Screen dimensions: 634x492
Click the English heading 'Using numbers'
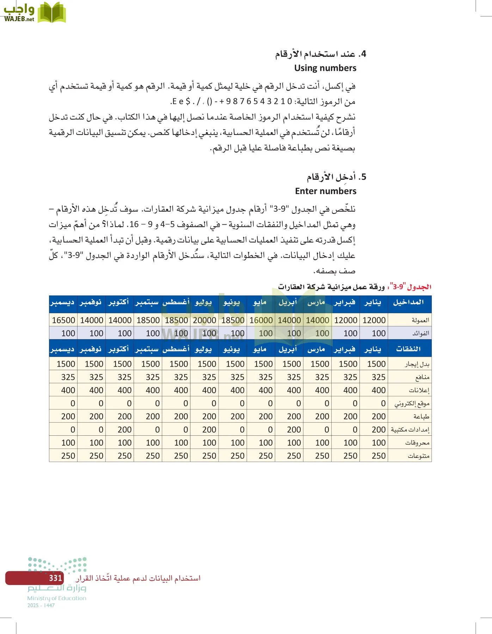pos(325,68)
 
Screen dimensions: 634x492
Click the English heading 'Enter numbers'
pos(325,191)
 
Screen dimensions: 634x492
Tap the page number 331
pos(56,578)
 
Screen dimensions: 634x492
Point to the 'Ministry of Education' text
pos(57,598)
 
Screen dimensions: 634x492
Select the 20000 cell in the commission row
pos(204,320)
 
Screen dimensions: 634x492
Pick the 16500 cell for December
pos(63,320)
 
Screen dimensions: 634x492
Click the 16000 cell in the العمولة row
pos(261,320)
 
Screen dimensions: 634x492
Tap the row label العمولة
pos(420,320)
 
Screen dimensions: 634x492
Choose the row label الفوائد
pos(421,333)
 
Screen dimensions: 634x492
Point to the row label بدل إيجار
pos(417,364)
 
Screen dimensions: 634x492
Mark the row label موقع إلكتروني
pos(412,404)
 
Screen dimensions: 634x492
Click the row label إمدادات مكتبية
pos(410,430)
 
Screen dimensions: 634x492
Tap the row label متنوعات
pos(418,456)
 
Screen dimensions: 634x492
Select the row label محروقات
pos(417,443)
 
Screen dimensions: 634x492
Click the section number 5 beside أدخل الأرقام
pos(363,177)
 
